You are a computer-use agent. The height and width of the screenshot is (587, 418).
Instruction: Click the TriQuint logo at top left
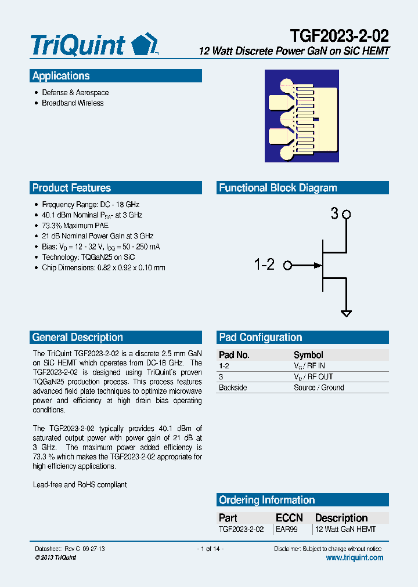pyautogui.click(x=93, y=44)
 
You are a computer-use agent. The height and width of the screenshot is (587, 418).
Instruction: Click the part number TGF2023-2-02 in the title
pyautogui.click(x=340, y=35)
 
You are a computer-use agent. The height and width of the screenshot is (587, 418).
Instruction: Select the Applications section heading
pyautogui.click(x=61, y=76)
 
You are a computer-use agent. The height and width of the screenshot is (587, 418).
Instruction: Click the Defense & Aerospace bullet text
pyautogui.click(x=75, y=93)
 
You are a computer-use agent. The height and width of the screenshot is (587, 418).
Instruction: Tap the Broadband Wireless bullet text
pyautogui.click(x=73, y=103)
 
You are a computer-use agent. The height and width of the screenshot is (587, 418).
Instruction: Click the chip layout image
pyautogui.click(x=302, y=116)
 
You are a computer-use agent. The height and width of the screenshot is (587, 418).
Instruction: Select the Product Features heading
pyautogui.click(x=71, y=188)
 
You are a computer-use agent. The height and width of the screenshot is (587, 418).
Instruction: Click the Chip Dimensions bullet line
pyautogui.click(x=103, y=268)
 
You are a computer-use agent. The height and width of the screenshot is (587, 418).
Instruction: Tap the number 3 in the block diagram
pyautogui.click(x=334, y=214)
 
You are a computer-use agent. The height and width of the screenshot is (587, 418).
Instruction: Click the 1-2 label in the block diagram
pyautogui.click(x=264, y=265)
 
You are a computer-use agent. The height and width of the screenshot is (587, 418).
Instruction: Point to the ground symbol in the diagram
pyautogui.click(x=346, y=314)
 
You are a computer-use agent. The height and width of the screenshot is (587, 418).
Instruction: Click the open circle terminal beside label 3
pyautogui.click(x=347, y=215)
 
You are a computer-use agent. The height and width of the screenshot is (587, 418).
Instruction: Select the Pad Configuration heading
pyautogui.click(x=260, y=338)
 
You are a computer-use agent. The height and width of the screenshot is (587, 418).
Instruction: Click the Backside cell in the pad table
pyautogui.click(x=232, y=387)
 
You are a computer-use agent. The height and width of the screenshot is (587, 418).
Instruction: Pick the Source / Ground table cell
pyautogui.click(x=319, y=387)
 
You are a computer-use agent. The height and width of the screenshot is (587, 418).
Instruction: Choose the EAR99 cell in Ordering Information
pyautogui.click(x=287, y=529)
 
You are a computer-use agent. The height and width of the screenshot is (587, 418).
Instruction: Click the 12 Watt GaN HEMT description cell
pyautogui.click(x=345, y=529)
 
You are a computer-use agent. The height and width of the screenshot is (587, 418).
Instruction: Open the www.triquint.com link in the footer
pyautogui.click(x=355, y=557)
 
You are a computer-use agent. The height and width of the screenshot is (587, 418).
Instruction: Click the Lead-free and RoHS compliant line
pyautogui.click(x=80, y=484)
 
